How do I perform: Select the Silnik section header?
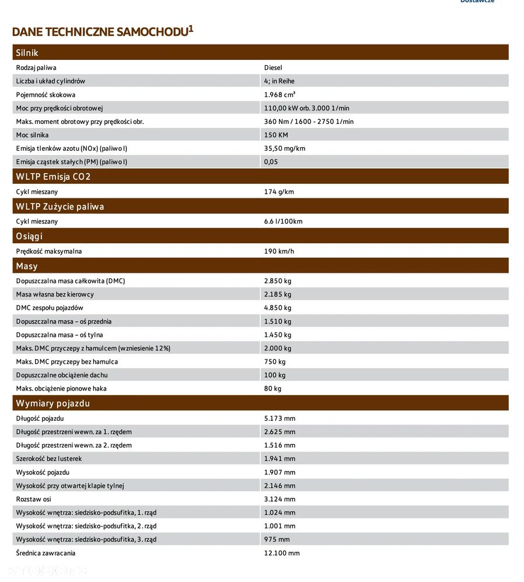(27, 52)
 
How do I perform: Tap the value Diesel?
(273, 68)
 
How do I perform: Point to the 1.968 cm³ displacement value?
(279, 94)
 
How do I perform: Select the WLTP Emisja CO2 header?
(54, 176)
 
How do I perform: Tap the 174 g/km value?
(279, 191)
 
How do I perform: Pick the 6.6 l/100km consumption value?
(283, 221)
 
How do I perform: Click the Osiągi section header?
(29, 236)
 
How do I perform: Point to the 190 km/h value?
(279, 251)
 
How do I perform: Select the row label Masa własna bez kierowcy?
(55, 294)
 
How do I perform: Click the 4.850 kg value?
(278, 308)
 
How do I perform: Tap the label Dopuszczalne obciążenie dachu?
(62, 375)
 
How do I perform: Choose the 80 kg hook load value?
(272, 389)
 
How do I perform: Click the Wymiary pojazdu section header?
(53, 403)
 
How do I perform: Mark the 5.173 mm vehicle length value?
(279, 418)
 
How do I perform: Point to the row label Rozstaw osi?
(34, 499)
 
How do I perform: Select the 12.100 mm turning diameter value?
(282, 553)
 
